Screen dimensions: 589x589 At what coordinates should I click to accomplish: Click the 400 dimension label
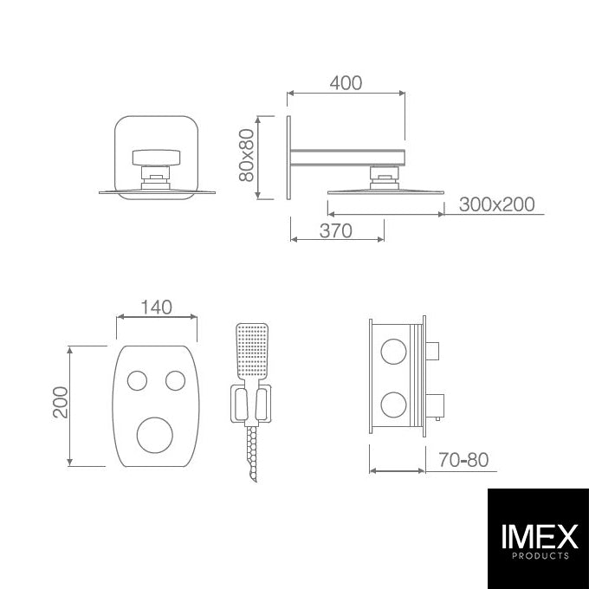pyautogui.click(x=346, y=83)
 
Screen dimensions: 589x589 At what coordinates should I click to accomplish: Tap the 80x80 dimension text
pyautogui.click(x=247, y=156)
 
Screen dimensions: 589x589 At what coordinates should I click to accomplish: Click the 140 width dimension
pyautogui.click(x=156, y=307)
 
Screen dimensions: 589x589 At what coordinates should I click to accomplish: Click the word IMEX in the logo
pyautogui.click(x=538, y=537)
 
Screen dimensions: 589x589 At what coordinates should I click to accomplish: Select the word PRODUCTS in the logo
pyautogui.click(x=538, y=557)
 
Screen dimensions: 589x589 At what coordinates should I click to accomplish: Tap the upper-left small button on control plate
pyautogui.click(x=137, y=379)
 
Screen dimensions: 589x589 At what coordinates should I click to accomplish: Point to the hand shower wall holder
pyautogui.click(x=250, y=403)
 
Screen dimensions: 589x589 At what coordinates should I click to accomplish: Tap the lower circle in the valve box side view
pyautogui.click(x=394, y=403)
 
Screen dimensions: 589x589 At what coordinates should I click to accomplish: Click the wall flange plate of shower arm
pyautogui.click(x=287, y=158)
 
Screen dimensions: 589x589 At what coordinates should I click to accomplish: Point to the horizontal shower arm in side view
pyautogui.click(x=346, y=157)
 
